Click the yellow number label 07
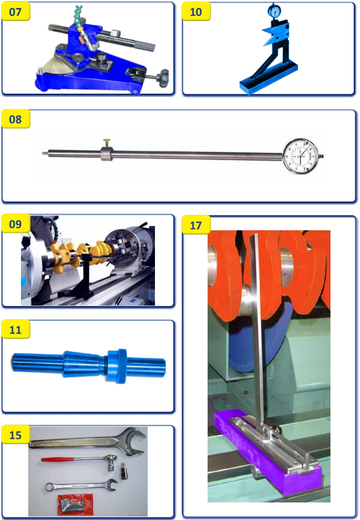[x=15, y=12]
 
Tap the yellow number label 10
[x=196, y=12]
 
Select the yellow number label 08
[x=15, y=119]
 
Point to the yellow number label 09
[x=15, y=224]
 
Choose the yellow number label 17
[x=196, y=225]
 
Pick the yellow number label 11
[x=15, y=330]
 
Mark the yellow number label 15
[x=15, y=435]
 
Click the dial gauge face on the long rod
[x=301, y=156]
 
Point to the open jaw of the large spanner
[x=137, y=441]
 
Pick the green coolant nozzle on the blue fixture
[x=77, y=15]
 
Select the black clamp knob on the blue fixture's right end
[x=164, y=78]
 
